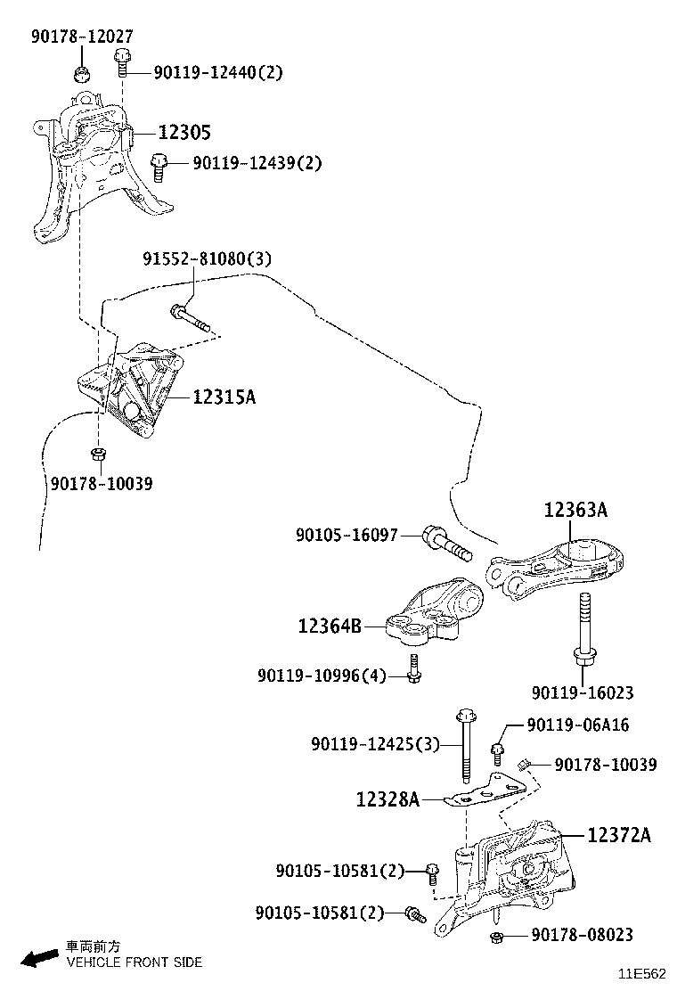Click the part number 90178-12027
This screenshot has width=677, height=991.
(x=81, y=37)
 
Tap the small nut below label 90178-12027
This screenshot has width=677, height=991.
(x=80, y=72)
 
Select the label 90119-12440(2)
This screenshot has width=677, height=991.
(x=217, y=72)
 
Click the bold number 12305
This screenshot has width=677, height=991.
(x=184, y=133)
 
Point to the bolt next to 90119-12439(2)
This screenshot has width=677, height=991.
(x=159, y=166)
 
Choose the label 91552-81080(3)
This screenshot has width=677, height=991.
(x=207, y=259)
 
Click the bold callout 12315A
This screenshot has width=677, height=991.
(x=224, y=397)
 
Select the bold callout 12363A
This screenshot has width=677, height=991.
(x=575, y=511)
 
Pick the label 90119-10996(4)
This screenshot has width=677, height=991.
(x=322, y=676)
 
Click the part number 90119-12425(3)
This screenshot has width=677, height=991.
(x=375, y=743)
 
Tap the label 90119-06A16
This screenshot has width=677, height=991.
(x=577, y=725)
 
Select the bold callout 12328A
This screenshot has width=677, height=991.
(x=387, y=799)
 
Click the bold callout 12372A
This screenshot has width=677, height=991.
(x=618, y=835)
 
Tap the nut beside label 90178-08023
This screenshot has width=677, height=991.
(x=499, y=937)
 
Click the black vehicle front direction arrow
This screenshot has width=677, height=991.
(x=39, y=958)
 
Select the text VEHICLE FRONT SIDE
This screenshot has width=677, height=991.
(x=135, y=962)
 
